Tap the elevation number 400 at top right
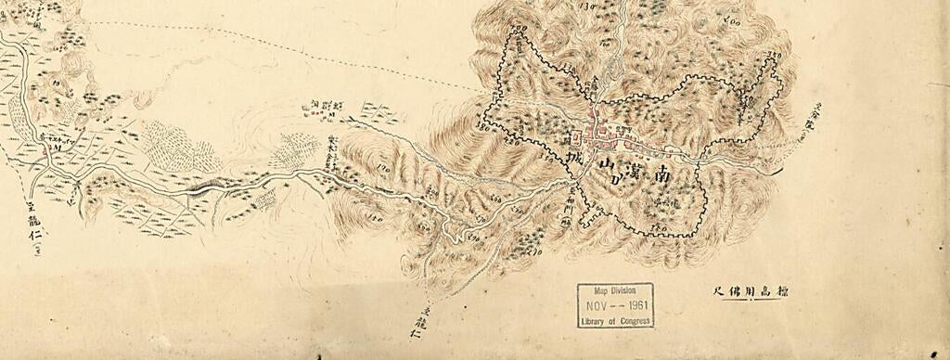pyautogui.click(x=732, y=20)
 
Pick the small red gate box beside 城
pyautogui.click(x=576, y=136)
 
